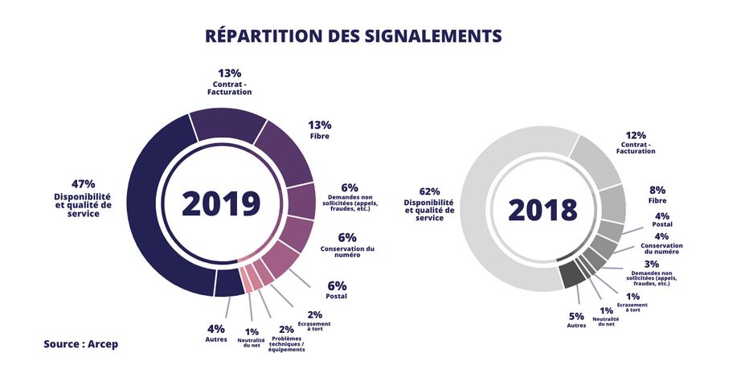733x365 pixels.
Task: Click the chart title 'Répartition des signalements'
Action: pyautogui.click(x=354, y=36)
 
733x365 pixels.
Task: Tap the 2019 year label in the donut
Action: pyautogui.click(x=221, y=204)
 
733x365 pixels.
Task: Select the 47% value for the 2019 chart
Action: pyautogui.click(x=84, y=184)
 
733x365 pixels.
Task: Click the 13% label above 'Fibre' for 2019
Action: pyautogui.click(x=320, y=125)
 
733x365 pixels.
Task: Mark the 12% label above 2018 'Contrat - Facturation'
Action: pyautogui.click(x=636, y=135)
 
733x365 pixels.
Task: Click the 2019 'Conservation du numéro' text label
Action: pyautogui.click(x=347, y=252)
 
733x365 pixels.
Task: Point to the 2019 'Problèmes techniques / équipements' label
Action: pyautogui.click(x=287, y=346)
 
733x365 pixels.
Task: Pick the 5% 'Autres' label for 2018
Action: pyautogui.click(x=577, y=315)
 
